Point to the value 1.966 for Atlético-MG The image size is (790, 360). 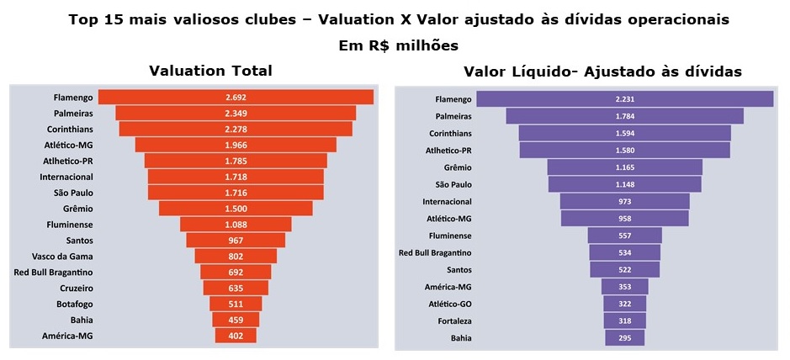pos(236,145)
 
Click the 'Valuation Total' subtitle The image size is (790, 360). pos(210,71)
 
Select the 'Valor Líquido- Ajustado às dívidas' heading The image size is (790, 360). pos(602,71)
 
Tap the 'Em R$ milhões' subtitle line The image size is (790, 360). pos(394,45)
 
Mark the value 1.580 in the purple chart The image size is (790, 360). pos(624,151)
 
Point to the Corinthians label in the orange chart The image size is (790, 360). pos(67,129)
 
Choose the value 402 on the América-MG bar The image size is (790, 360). pos(236,336)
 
